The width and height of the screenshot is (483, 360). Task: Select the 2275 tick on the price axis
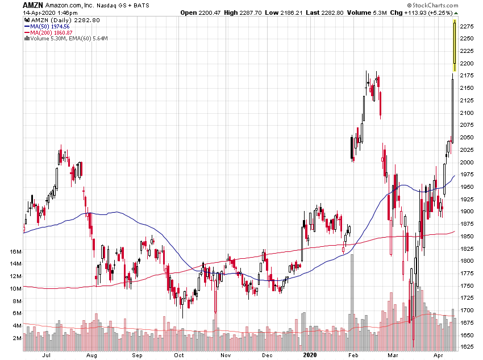(468, 26)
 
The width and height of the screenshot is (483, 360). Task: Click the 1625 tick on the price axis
(468, 346)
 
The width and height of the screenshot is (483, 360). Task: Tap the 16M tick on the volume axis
(15, 251)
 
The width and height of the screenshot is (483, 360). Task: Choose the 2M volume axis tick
(17, 338)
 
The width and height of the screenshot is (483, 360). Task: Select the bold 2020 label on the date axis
(310, 355)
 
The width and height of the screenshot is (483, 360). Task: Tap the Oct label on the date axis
(180, 355)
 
